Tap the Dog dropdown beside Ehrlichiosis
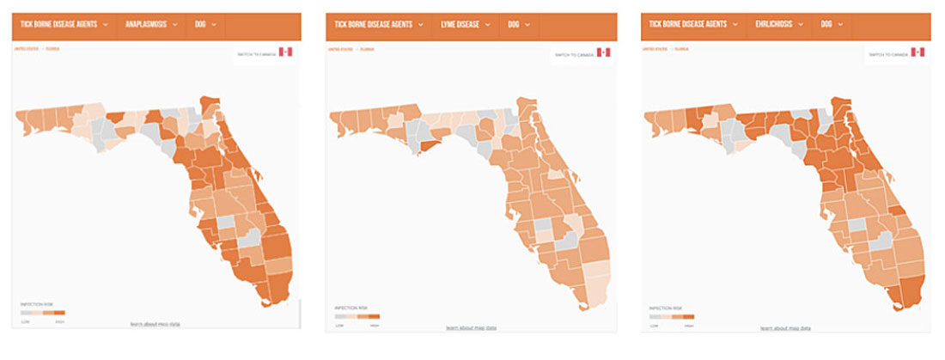pos(832,24)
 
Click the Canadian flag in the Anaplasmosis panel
pos(286,52)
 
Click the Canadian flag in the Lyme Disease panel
pos(603,52)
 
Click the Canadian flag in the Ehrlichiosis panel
pos(918,52)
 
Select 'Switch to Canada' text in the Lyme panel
pos(573,53)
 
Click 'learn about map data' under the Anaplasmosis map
pos(155,324)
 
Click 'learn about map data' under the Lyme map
pos(471,327)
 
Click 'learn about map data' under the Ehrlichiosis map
pos(785,327)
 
